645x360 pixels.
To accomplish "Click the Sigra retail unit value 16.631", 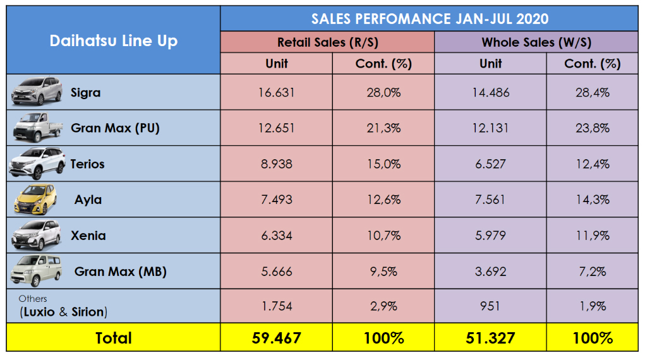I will point(277,93).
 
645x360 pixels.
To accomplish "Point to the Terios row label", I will point(87,164).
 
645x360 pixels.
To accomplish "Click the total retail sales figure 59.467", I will point(277,338).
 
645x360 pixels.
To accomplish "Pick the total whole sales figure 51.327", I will point(490,338).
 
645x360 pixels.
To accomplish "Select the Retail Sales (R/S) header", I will point(327,42).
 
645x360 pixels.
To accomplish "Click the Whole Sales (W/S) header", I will point(536,42).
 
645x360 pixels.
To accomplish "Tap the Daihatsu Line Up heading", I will point(114,42).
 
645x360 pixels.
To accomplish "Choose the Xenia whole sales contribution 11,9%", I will point(592,236).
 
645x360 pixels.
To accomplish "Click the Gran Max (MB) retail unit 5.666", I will point(277,272).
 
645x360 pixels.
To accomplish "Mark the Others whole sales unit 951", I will point(490,306).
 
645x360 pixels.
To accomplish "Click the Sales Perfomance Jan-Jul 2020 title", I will point(430,18).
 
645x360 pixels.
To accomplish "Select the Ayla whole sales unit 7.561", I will point(490,200).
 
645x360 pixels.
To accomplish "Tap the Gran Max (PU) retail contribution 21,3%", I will point(383,128).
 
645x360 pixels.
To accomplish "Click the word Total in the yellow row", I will point(114,338).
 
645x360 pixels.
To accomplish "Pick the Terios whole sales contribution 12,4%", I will point(592,164).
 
